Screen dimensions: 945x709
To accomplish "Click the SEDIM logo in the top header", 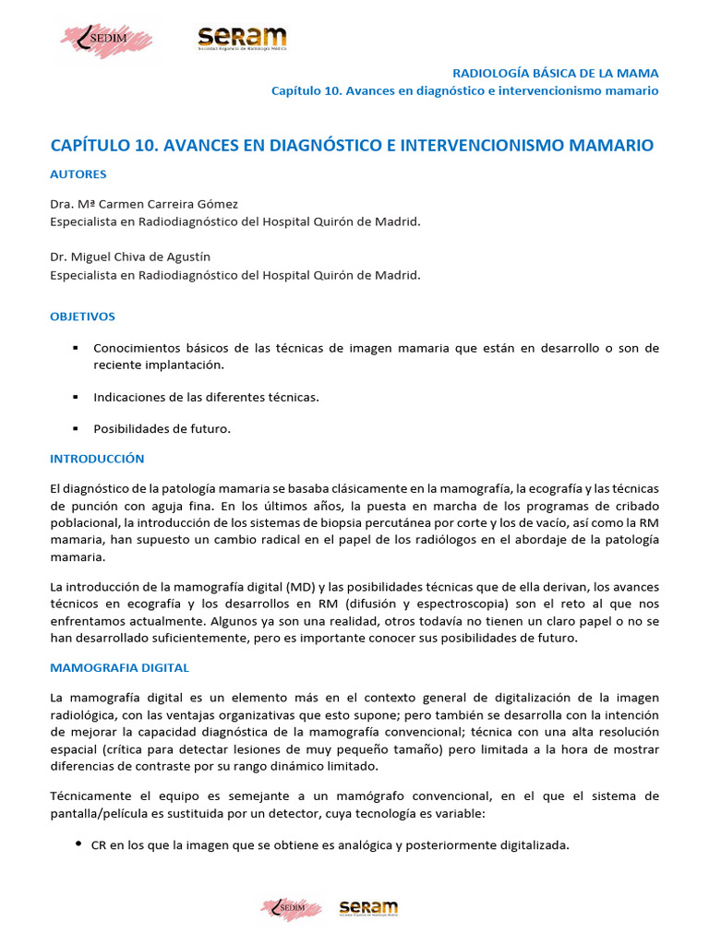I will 105,41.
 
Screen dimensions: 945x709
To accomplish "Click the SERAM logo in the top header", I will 242,39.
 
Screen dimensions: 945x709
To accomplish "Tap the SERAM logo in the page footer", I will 367,908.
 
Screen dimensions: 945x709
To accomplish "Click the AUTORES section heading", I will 78,173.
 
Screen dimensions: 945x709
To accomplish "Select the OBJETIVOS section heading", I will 82,317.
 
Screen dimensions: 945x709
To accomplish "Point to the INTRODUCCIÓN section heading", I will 97,458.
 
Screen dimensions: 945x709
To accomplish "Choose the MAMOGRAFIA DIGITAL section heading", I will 119,666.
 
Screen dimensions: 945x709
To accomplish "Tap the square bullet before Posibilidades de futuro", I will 75,428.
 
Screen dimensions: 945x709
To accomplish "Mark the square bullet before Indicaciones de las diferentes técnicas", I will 75,397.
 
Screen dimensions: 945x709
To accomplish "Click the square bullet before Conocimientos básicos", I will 75,348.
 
